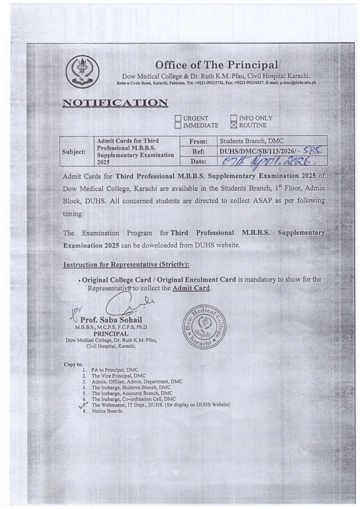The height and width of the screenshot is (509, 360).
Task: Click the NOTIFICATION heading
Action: click(115, 103)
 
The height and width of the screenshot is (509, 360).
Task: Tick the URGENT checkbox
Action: click(178, 118)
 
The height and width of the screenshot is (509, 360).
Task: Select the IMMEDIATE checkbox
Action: click(178, 126)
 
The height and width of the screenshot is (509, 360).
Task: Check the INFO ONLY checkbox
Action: click(234, 118)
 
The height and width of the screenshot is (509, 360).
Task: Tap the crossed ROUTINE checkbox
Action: click(234, 126)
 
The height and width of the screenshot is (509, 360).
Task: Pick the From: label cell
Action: click(199, 141)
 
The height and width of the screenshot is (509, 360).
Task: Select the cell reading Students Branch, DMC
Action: click(254, 141)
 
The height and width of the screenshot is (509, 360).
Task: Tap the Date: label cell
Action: click(199, 161)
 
